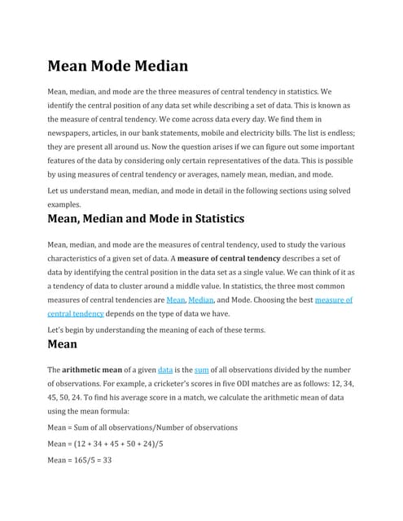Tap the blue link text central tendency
(76, 313)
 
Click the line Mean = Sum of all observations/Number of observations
(142, 427)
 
